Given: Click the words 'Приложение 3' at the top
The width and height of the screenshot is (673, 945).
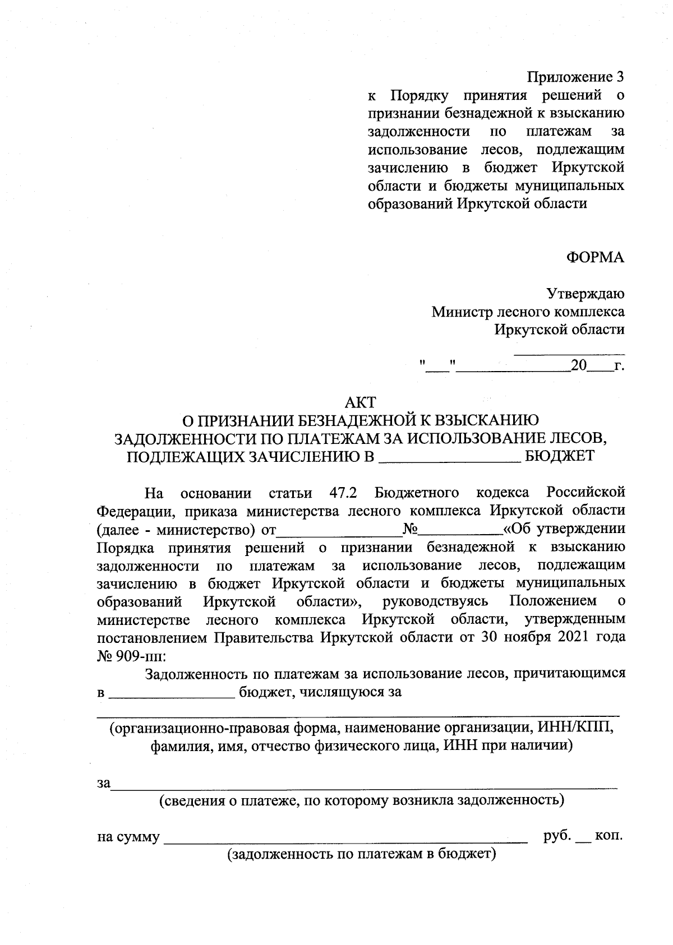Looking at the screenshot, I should coord(575,76).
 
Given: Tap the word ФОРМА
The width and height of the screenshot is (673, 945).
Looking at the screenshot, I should coord(595,257).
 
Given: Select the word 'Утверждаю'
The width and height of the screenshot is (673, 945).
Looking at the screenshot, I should coord(586,293).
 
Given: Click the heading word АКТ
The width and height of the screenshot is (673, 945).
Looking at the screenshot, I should coord(360,402).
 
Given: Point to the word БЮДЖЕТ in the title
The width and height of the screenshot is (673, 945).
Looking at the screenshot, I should coord(559,456).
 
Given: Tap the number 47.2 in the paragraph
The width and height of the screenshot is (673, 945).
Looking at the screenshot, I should coord(341,493).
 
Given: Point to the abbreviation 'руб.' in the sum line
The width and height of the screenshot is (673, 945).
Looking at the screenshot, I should coord(557,836).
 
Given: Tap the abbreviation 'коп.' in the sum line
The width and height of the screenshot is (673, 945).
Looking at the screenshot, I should coord(608,836).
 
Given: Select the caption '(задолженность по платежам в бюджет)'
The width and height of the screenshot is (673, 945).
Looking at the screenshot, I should coord(362,854).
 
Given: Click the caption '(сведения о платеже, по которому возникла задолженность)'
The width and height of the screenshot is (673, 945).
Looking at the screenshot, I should coord(362,800).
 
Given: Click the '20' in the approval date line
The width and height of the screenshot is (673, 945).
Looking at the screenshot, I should coord(578,367).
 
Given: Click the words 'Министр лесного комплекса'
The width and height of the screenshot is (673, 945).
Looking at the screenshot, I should coord(528,311).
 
